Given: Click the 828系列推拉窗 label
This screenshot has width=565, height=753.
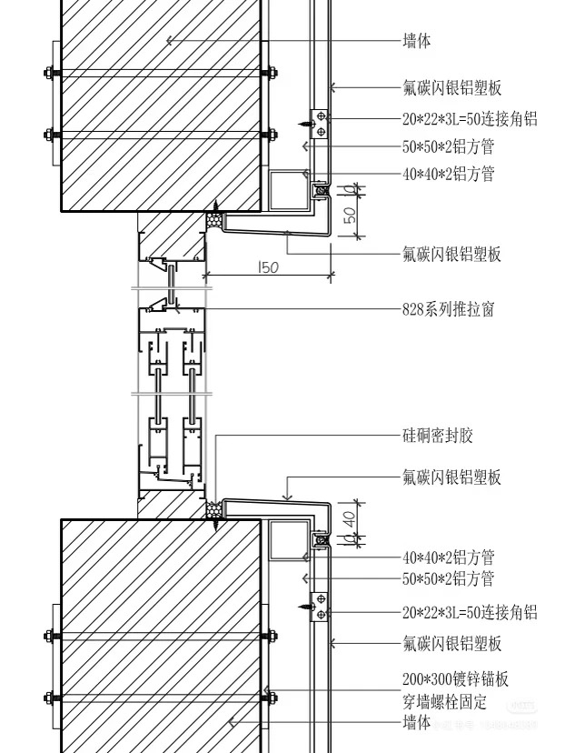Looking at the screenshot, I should click(x=448, y=309).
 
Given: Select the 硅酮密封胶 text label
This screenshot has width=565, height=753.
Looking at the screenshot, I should click(x=438, y=436).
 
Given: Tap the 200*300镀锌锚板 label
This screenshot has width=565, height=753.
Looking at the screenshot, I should click(x=455, y=679).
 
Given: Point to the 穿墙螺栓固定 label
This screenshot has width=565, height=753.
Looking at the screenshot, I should click(x=444, y=701).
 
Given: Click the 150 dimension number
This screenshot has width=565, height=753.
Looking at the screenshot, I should click(x=268, y=267).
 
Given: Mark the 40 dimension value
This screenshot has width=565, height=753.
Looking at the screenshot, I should click(x=350, y=517).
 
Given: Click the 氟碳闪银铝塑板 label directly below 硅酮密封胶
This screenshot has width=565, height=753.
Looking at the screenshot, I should click(x=451, y=477).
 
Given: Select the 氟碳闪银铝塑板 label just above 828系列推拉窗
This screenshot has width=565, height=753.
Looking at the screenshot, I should click(x=451, y=255).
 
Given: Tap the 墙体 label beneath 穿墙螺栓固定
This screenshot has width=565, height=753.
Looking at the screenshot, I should click(x=416, y=723).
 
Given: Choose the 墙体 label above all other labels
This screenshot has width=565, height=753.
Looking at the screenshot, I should click(x=416, y=41).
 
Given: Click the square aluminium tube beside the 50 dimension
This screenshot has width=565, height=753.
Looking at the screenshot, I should click(x=290, y=190).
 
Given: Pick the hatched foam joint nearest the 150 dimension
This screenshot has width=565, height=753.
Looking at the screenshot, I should click(x=216, y=220).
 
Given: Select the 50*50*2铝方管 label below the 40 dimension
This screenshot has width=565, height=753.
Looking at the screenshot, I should click(x=448, y=578).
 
